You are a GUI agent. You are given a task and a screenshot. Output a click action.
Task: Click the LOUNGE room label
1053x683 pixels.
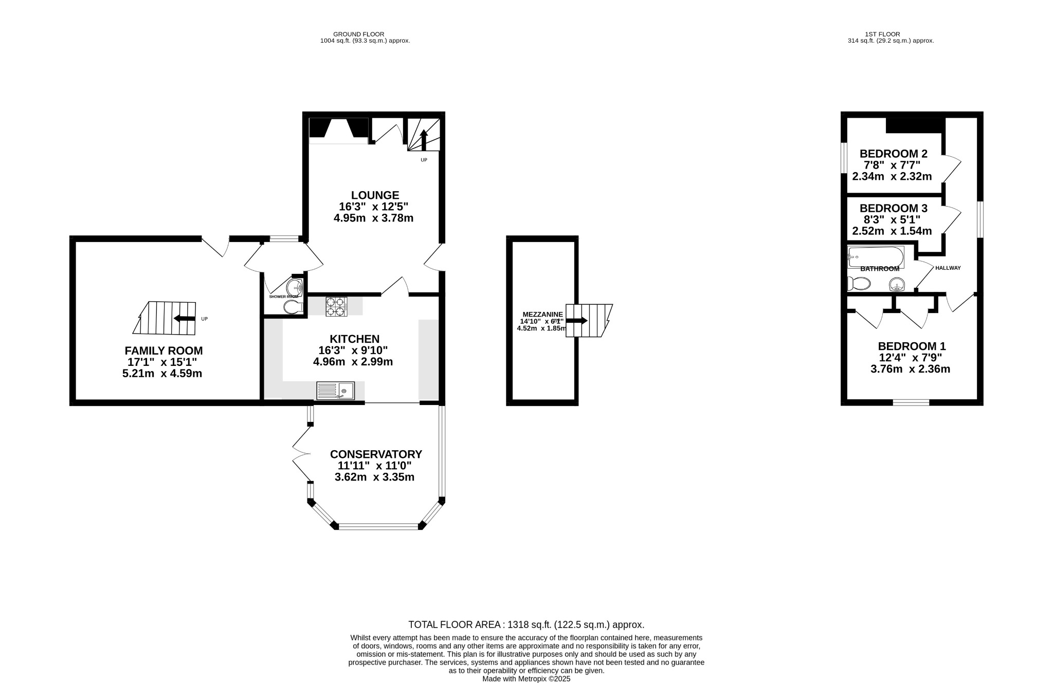point(375,195)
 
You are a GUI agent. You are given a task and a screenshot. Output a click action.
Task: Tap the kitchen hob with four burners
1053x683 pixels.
point(336,306)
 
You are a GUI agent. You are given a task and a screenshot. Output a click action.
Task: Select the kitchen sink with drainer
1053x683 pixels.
point(335,391)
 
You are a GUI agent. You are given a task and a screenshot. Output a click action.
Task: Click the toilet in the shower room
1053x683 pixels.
point(294,307)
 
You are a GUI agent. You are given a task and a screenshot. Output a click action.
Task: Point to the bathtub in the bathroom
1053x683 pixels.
point(875,256)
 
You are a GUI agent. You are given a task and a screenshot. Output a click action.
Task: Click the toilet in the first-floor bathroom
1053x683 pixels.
point(859,284)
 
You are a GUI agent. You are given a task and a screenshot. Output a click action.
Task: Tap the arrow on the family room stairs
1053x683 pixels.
point(184,319)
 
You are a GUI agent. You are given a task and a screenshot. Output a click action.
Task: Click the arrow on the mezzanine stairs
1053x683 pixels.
point(577,320)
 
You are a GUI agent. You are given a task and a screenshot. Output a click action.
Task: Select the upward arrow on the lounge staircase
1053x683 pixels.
point(424,139)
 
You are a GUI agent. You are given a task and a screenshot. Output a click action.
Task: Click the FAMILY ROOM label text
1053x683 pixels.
point(164,350)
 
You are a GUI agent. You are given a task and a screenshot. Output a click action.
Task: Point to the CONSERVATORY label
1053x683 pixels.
point(376,454)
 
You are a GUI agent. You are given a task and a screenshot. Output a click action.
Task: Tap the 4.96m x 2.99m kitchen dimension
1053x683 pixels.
point(353,362)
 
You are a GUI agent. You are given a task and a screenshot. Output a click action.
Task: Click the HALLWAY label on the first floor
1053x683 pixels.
point(948,268)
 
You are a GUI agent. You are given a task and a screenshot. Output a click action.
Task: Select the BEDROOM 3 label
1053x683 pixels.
point(893,208)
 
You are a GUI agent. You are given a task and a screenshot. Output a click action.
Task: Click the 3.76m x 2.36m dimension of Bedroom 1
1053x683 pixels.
point(910,369)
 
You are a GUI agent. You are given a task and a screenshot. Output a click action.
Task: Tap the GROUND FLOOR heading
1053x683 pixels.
point(358,34)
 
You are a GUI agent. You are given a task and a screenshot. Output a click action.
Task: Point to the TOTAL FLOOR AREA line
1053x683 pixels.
point(526,625)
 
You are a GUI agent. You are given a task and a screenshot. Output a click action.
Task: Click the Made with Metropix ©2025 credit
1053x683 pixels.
point(526,679)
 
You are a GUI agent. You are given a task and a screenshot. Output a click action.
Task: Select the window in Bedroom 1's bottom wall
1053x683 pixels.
point(911,402)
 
